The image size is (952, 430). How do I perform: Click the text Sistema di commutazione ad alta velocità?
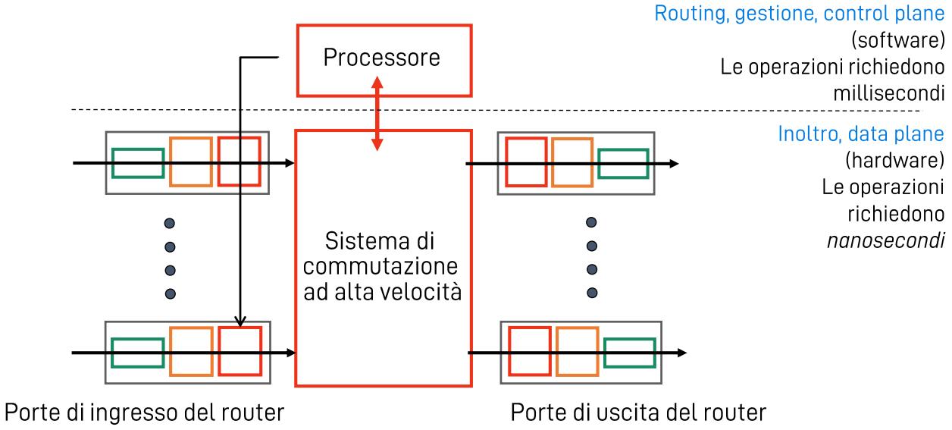coord(382,267)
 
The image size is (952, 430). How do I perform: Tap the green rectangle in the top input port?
coord(138,162)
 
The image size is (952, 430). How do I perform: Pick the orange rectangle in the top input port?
coord(190,162)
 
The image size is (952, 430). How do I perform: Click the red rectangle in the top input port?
coord(240,161)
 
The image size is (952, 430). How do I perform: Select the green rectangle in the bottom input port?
coord(138,353)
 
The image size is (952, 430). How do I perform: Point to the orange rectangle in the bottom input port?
coord(190,351)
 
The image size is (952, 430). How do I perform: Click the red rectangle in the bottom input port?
coord(240,350)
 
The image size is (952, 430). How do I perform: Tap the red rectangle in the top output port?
coord(526,162)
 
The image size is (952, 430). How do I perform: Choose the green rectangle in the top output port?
coord(622,163)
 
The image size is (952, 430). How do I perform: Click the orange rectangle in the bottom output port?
coord(577,352)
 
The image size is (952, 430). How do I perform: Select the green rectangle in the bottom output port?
coord(629,353)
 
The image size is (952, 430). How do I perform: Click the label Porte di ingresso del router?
coord(144,413)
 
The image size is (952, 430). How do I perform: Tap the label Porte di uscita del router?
coord(638,413)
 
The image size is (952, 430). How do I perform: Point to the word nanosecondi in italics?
coord(885,240)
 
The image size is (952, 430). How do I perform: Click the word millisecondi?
coord(888,94)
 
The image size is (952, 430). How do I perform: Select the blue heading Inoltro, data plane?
coord(860,134)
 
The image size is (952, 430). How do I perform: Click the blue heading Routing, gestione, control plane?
coord(799,14)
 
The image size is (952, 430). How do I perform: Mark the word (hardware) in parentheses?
coord(894,160)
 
